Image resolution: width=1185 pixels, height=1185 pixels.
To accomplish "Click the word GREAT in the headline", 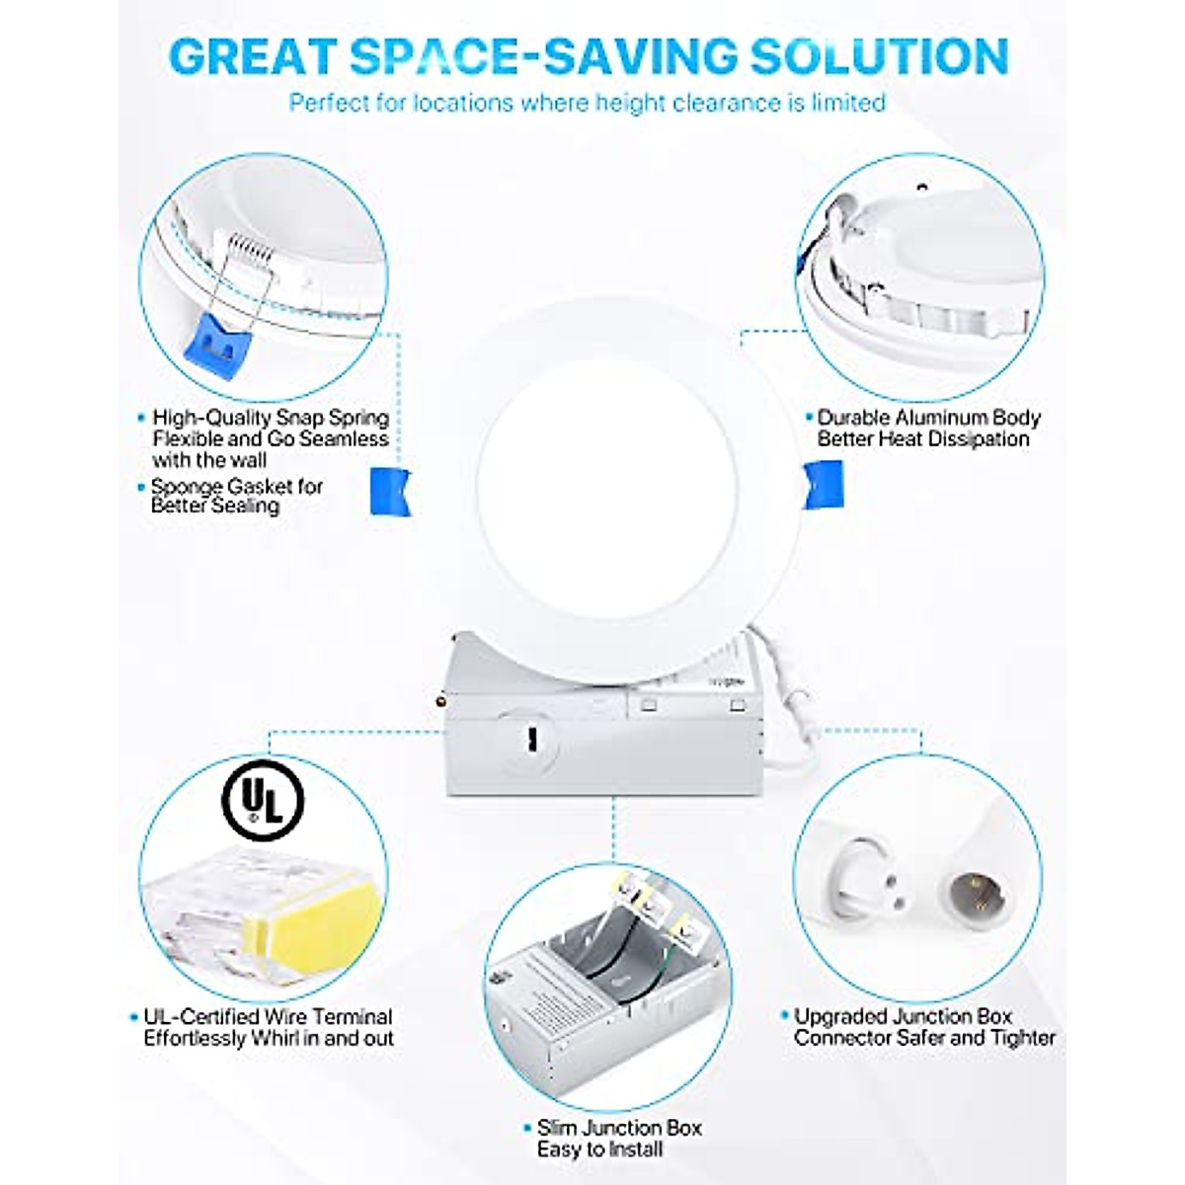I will click(x=256, y=56).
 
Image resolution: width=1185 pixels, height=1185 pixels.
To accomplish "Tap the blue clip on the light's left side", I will click(x=389, y=490).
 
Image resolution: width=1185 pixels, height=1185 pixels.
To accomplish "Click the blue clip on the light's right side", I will click(x=822, y=485).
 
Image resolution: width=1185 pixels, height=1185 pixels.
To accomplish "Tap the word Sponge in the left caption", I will click(x=187, y=487).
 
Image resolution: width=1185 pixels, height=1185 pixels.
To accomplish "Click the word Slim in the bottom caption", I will click(x=559, y=1128).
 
